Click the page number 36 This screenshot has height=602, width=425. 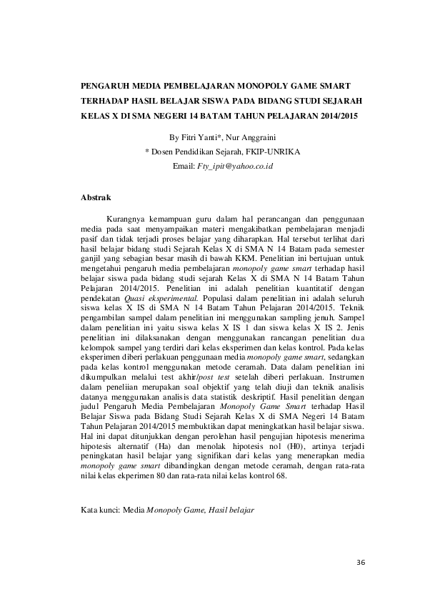pyautogui.click(x=360, y=562)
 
